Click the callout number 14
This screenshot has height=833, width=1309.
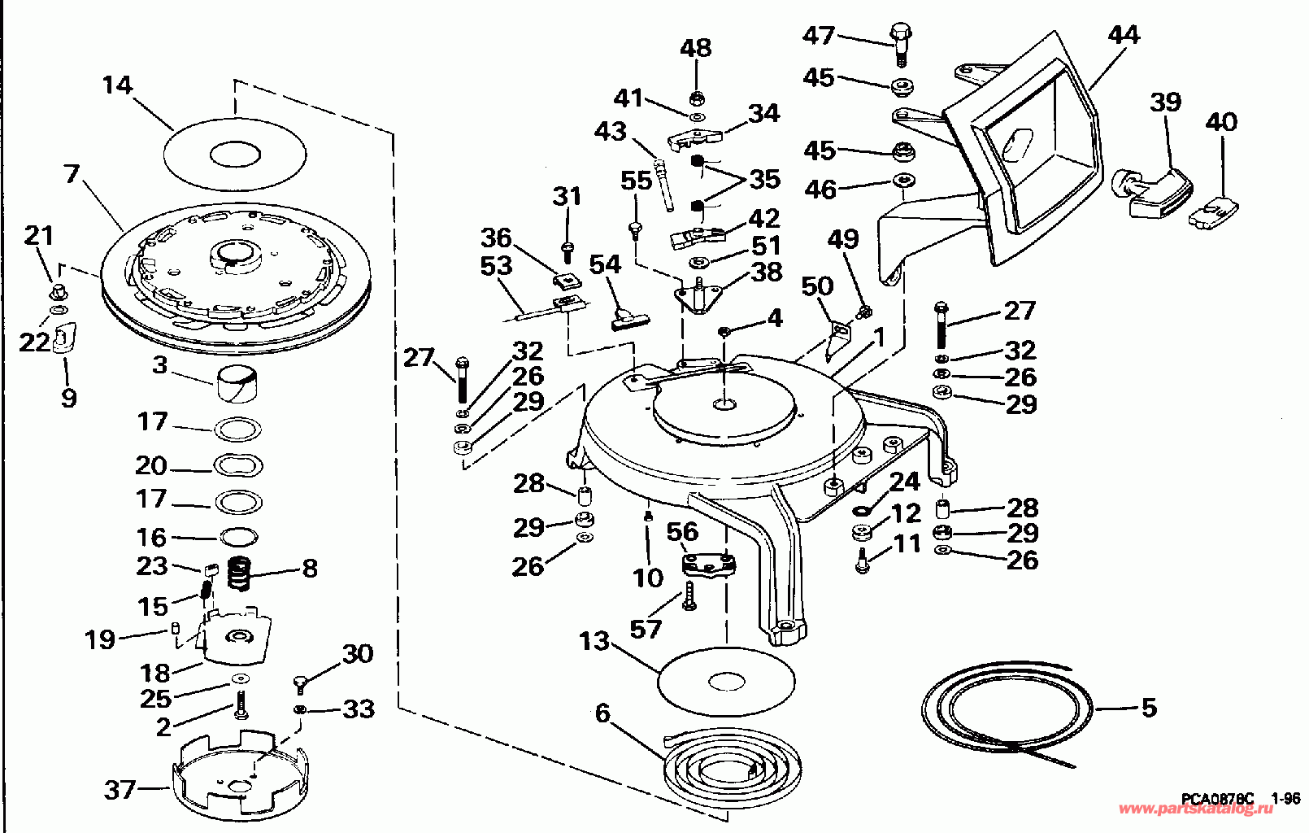(117, 85)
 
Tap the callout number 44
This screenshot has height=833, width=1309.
(1123, 35)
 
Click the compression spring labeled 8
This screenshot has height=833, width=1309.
(238, 573)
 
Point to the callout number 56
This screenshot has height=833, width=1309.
(682, 531)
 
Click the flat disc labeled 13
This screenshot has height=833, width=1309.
(726, 682)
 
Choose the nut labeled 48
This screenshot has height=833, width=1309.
(695, 98)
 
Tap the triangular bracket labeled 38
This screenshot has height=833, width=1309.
(699, 297)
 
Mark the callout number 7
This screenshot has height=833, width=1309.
(71, 173)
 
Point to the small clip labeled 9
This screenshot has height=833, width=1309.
(64, 338)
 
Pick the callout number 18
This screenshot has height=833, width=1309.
(154, 674)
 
